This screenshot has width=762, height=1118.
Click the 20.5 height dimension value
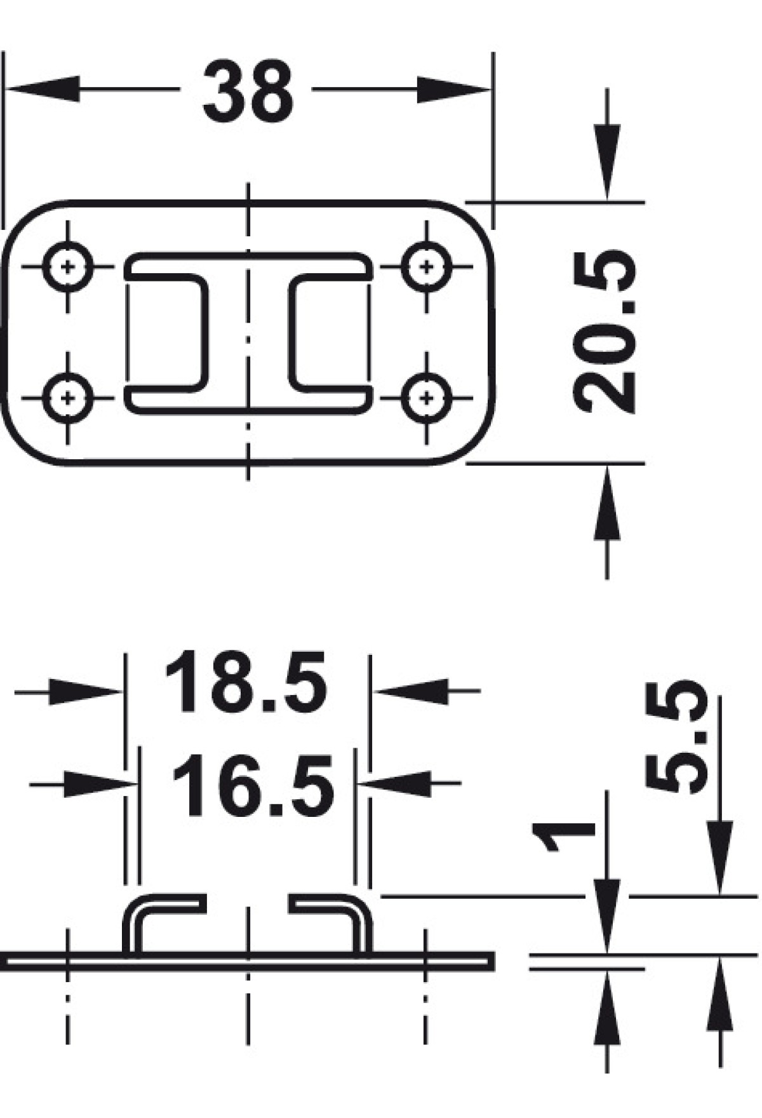click(x=604, y=331)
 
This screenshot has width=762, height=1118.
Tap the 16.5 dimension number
click(x=252, y=785)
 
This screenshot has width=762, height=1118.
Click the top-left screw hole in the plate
click(x=69, y=266)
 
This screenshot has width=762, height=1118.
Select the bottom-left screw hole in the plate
click(x=69, y=398)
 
